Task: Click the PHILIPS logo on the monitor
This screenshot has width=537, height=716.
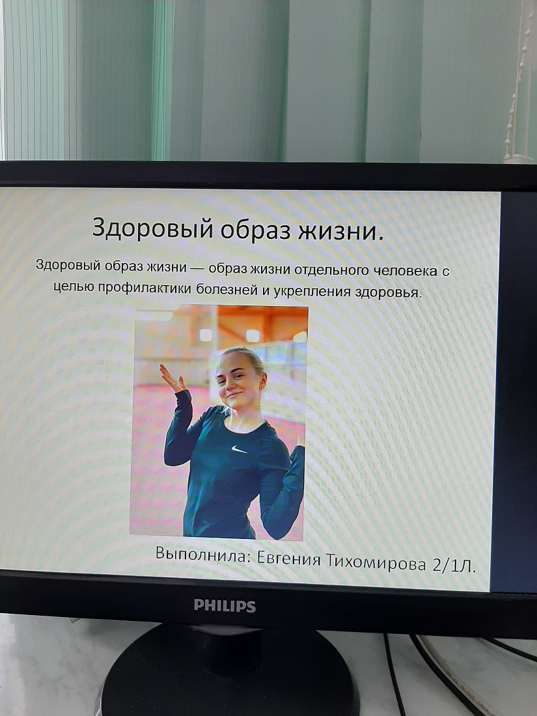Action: point(225,606)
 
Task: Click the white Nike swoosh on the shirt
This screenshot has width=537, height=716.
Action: point(239,450)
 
